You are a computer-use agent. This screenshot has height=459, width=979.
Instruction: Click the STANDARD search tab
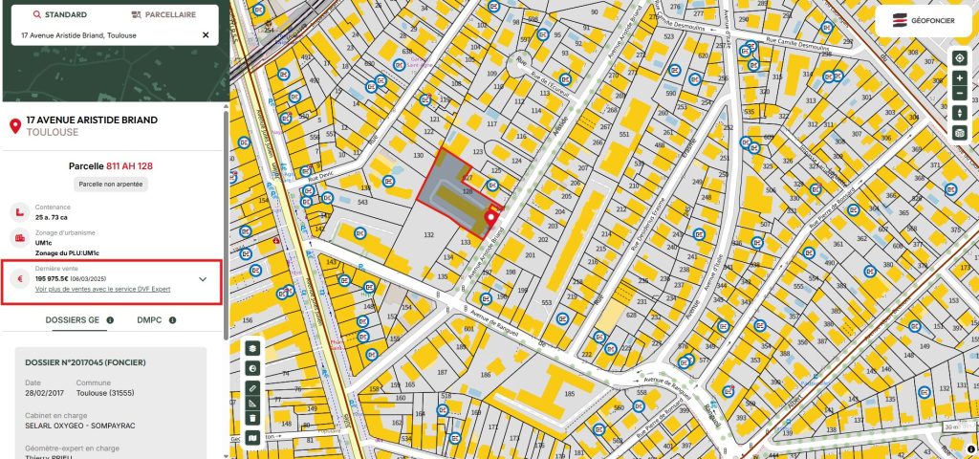click(60, 15)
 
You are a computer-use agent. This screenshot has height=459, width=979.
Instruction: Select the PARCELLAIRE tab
click(164, 15)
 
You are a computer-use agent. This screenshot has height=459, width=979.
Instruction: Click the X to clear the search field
click(206, 35)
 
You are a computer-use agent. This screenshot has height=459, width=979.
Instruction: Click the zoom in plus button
click(960, 77)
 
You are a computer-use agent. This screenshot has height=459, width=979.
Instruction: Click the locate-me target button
click(960, 57)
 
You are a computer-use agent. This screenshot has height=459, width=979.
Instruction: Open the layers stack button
click(252, 349)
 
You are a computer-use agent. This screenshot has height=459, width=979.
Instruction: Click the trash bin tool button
click(252, 417)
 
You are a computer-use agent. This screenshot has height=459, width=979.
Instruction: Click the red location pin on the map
click(491, 219)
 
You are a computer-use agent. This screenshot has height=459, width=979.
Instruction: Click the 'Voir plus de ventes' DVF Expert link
click(102, 288)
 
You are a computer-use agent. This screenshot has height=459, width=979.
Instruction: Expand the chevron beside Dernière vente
click(203, 279)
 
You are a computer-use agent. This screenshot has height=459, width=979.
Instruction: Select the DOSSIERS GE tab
click(73, 320)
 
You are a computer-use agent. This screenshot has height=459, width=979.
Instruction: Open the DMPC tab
click(149, 320)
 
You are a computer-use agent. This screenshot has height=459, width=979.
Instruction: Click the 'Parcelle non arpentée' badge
click(113, 184)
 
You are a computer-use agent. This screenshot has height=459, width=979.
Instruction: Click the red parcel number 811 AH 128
click(129, 165)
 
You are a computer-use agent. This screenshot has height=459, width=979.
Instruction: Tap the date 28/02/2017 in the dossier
click(42, 392)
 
